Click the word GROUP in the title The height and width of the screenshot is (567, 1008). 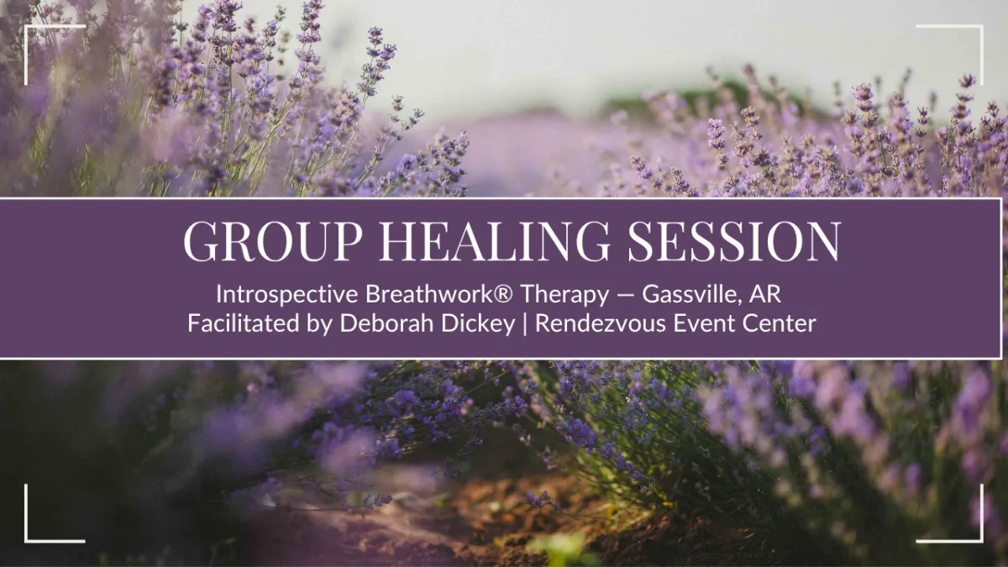coord(273,240)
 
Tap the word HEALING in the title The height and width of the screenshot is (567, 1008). coord(495,240)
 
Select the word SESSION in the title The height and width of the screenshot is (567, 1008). coord(734,240)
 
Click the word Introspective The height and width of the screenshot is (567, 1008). coord(287,295)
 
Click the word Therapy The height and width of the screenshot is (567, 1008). coord(565,295)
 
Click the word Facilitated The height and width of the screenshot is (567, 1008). coord(244,323)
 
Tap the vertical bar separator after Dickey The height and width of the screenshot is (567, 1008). coord(525,324)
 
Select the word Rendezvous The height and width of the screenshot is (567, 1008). coord(601,323)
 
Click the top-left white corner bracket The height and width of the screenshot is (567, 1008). coord(26,27)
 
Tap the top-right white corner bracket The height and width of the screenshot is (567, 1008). coord(981,27)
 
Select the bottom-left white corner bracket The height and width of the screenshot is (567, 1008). coord(26,540)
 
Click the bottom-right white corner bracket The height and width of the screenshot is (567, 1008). coord(981,540)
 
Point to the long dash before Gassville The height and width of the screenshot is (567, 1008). coord(626,295)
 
